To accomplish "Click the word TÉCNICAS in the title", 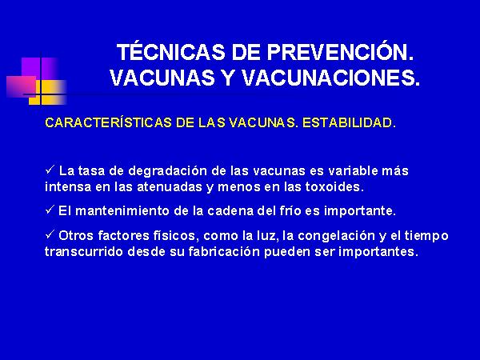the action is (171, 52).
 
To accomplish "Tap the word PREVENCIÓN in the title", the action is (340, 52).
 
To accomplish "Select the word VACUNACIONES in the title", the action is (331, 78).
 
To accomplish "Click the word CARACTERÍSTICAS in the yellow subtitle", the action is (108, 122).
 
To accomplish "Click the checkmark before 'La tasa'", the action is (50, 170).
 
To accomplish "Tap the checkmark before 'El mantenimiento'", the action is (50, 210).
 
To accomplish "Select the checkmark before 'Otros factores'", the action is (50, 234).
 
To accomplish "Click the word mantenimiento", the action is (122, 211).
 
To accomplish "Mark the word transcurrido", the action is (84, 252).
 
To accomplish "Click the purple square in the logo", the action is (39, 68).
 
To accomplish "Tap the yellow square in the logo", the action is (47, 92).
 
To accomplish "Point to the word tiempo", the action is (426, 236).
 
